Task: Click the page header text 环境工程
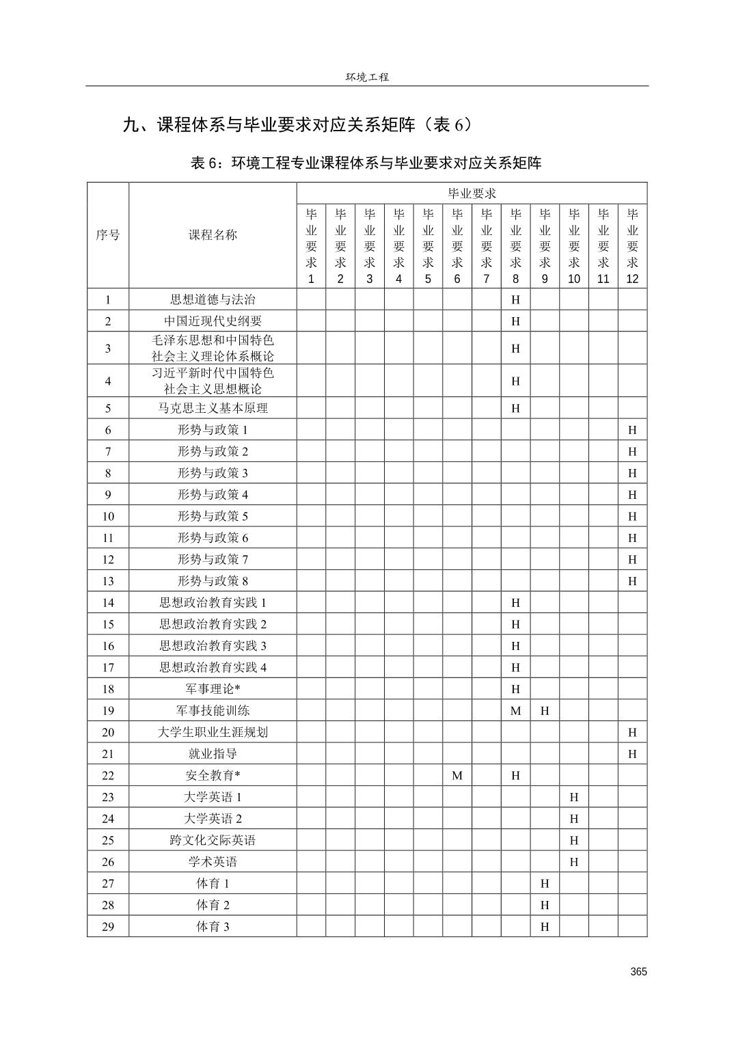[x=367, y=77]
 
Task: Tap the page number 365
[x=638, y=971]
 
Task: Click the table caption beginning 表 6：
[x=366, y=163]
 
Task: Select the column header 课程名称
[x=213, y=235]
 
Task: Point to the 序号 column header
[x=107, y=235]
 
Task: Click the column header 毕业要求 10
[x=574, y=245]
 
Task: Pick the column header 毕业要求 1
[x=311, y=245]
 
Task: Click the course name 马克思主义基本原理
[x=213, y=408]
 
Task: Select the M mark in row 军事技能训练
[x=515, y=711]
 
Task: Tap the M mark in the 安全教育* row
[x=457, y=776]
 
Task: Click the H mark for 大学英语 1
[x=574, y=797]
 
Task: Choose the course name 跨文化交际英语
[x=213, y=840]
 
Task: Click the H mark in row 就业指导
[x=632, y=754]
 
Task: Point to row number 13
[x=108, y=581]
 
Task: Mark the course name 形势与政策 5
[x=213, y=516]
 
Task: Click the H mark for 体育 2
[x=545, y=905]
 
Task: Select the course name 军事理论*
[x=213, y=689]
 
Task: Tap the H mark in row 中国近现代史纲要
[x=515, y=321]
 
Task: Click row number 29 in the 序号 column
[x=108, y=927]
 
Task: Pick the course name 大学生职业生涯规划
[x=213, y=732]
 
